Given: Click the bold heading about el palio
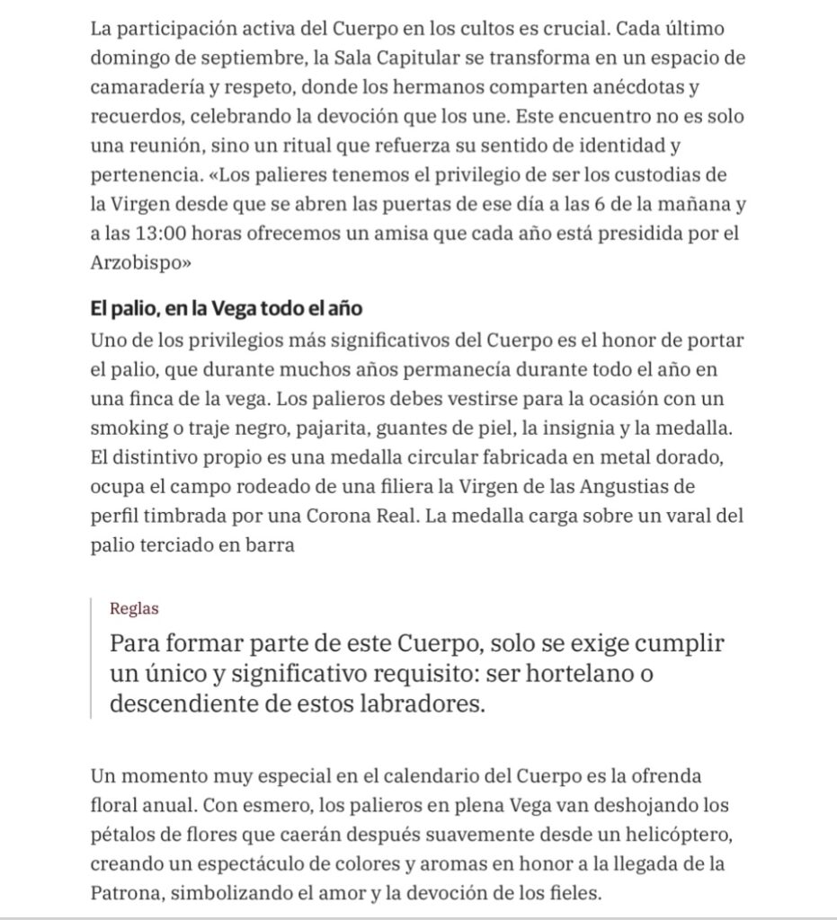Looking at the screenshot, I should (x=226, y=309).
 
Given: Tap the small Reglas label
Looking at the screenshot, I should (x=134, y=608).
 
